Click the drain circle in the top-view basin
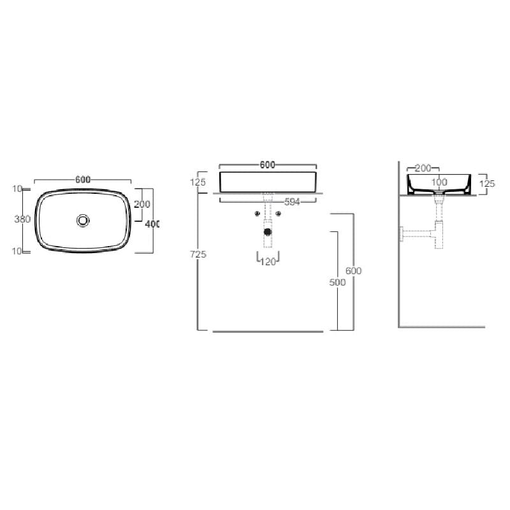[83, 221]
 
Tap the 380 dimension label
[22, 219]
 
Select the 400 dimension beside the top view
[152, 224]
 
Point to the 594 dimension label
[292, 202]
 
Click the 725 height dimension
[198, 254]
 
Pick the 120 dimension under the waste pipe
[268, 261]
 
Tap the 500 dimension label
[337, 282]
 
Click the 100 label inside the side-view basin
[439, 182]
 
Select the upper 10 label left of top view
[17, 189]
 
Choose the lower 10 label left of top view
[17, 251]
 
